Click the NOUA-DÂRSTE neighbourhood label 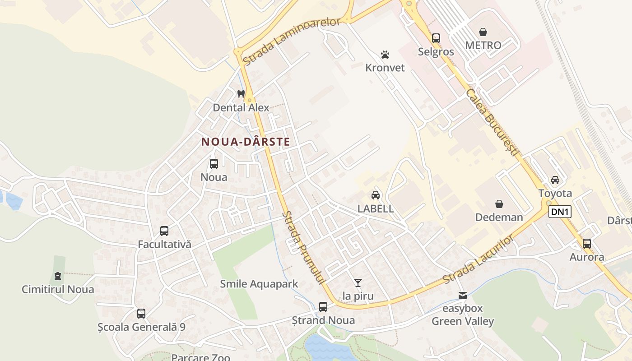[x=246, y=142]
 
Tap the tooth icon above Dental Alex [x=241, y=94]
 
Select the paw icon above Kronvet [x=385, y=55]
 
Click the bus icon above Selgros [x=436, y=38]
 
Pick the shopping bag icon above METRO [x=483, y=32]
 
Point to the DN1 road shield [x=560, y=212]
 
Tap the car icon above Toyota [x=555, y=180]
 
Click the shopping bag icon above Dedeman [x=499, y=204]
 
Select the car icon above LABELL [x=375, y=195]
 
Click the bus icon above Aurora [x=587, y=244]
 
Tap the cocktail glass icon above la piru [x=358, y=283]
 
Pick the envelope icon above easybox [x=463, y=296]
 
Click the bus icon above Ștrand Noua [x=323, y=307]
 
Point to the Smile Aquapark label [x=259, y=284]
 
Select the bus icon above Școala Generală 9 [x=141, y=313]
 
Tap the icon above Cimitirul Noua [x=58, y=276]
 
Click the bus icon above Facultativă [x=164, y=231]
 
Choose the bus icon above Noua [x=214, y=164]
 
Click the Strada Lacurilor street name [x=479, y=259]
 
